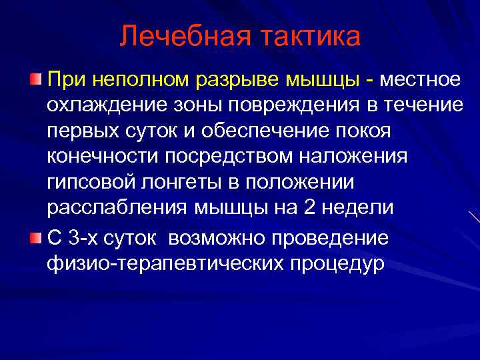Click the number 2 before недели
coord(309,207)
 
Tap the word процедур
coord(337,263)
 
